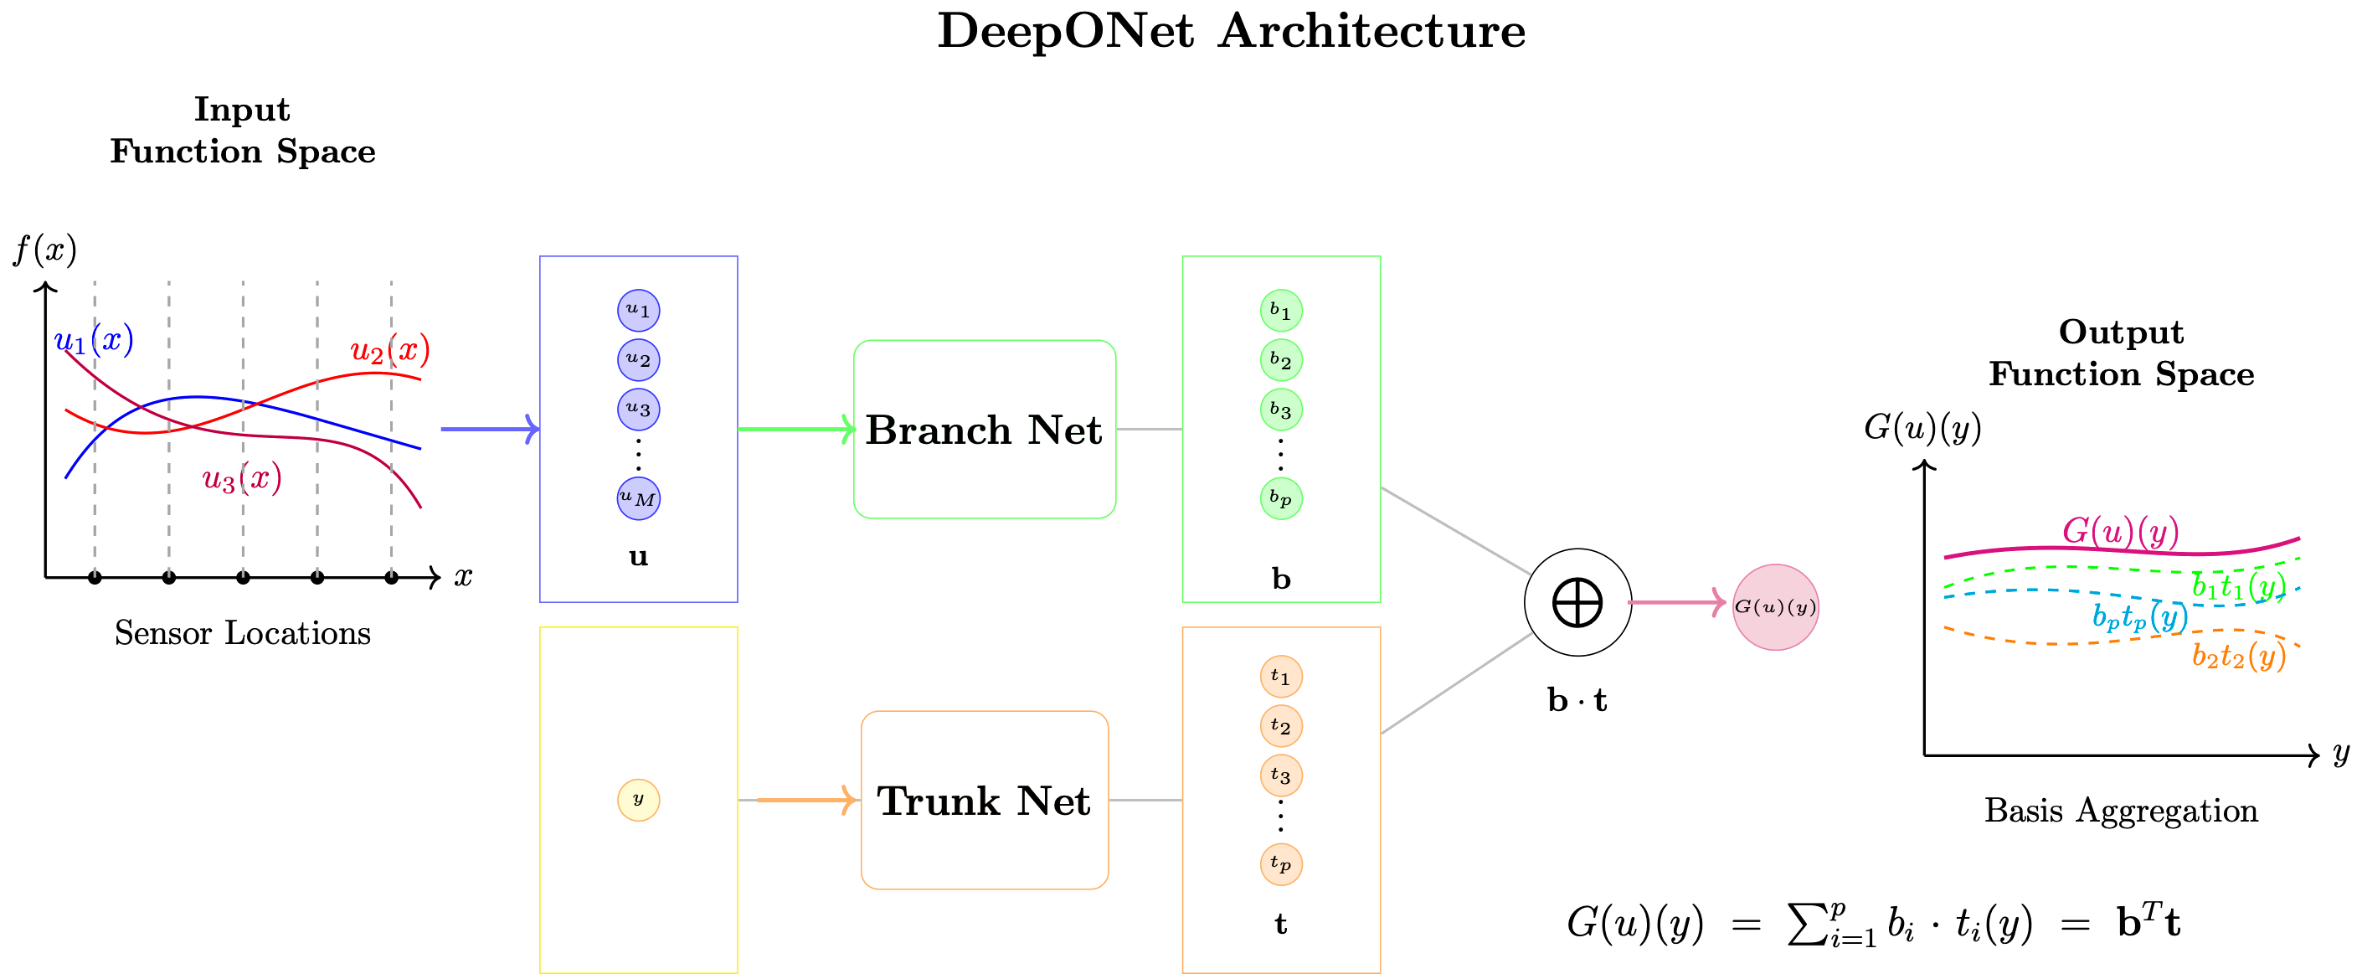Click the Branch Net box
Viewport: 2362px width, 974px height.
[984, 430]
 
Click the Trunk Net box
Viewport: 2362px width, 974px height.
[984, 800]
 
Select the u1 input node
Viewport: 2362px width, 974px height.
[638, 310]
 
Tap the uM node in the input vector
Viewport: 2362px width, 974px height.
[638, 498]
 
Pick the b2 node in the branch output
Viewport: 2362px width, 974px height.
[1280, 359]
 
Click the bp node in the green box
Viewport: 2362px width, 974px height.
[1280, 498]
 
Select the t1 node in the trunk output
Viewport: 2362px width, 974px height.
[1280, 677]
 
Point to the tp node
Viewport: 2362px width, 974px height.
[1280, 863]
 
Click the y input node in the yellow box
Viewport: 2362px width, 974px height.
[638, 799]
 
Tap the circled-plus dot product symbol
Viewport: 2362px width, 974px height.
[1577, 602]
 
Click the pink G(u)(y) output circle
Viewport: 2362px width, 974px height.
[1775, 606]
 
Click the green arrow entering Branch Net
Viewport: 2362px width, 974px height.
[796, 428]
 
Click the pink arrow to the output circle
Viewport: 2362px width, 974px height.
[1677, 602]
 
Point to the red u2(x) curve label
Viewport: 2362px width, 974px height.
[389, 349]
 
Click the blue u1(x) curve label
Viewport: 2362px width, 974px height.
[95, 341]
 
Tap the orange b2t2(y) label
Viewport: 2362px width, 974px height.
[2238, 655]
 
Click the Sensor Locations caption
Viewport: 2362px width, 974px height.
[243, 633]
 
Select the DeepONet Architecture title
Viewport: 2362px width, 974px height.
[1232, 31]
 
